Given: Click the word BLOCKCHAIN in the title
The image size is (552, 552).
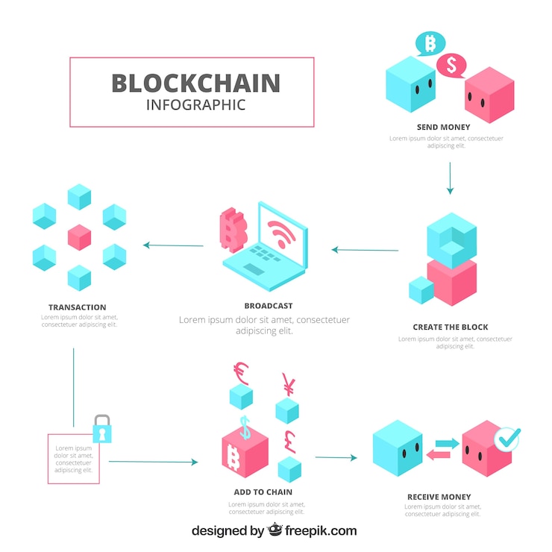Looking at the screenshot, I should coord(195,83).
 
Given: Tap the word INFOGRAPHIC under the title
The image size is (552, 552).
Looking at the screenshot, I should coord(195,104).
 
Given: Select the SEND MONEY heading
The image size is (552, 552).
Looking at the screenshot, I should coord(443,128).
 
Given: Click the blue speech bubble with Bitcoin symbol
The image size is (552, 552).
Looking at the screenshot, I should coord(430,43).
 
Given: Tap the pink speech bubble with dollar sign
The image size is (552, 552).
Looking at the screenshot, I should coord(451,65).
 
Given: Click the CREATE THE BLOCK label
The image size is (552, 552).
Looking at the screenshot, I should coord(451,327).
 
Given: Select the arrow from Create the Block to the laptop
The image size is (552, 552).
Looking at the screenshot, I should coord(365,250).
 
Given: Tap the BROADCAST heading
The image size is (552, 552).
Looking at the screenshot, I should coord(268,306).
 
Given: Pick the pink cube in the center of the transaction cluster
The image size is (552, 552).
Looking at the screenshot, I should coord(79,237).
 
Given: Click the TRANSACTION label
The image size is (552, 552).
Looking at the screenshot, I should coord(78,307).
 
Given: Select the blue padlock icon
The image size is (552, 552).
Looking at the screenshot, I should coord(101,429).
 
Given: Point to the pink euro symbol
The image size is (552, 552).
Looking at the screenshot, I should coord(241,371).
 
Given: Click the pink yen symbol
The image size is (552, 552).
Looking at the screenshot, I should coord(288,386).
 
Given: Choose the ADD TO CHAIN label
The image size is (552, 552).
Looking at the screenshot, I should coord(263,492).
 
